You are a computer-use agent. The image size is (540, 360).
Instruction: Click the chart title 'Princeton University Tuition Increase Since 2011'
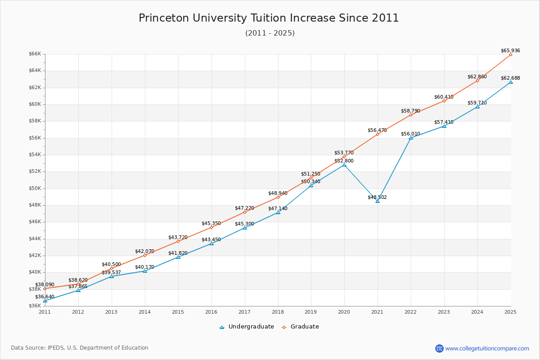pyautogui.click(x=269, y=18)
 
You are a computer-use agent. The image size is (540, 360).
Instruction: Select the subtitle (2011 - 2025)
pyautogui.click(x=270, y=33)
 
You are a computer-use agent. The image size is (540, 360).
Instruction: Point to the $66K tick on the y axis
pyautogui.click(x=35, y=54)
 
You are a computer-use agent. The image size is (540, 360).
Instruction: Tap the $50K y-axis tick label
pyautogui.click(x=35, y=188)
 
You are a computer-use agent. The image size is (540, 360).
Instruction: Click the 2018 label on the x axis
pyautogui.click(x=278, y=311)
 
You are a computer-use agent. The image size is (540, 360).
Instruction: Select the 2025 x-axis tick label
pyautogui.click(x=510, y=311)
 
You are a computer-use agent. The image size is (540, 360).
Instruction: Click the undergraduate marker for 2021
pyautogui.click(x=378, y=201)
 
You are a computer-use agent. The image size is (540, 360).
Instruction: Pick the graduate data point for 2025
pyautogui.click(x=511, y=54)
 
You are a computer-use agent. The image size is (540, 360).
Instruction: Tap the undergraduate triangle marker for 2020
pyautogui.click(x=344, y=165)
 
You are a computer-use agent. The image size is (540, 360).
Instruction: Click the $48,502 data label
pyautogui.click(x=377, y=197)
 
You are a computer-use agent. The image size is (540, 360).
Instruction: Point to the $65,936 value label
pyautogui.click(x=510, y=50)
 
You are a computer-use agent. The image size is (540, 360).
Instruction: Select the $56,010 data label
pyautogui.click(x=410, y=134)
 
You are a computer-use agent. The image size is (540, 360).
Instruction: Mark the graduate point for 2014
pyautogui.click(x=145, y=255)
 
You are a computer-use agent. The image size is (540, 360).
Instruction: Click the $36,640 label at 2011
pyautogui.click(x=45, y=297)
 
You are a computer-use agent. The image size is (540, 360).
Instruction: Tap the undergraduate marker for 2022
pyautogui.click(x=411, y=138)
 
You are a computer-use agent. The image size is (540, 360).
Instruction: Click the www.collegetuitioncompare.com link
pyautogui.click(x=487, y=348)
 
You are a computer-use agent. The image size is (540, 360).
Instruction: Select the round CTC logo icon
pyautogui.click(x=439, y=348)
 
